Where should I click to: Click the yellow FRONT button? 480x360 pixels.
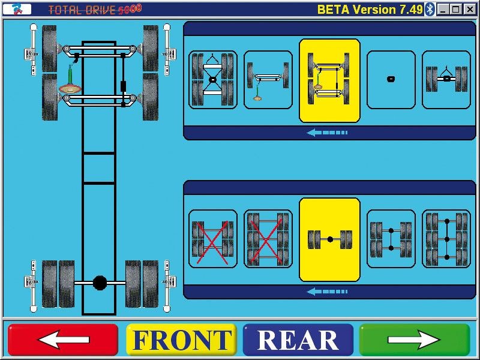181,340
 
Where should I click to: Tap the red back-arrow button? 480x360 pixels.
63,340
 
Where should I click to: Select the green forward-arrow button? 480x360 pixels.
414,340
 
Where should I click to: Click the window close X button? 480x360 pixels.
470,10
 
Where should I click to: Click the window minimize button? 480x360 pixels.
443,10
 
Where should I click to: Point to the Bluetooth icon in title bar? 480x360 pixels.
430,10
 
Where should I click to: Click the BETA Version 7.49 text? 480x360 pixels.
370,10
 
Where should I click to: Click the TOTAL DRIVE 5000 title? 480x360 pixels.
95,10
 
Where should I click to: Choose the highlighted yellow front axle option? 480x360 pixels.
329,80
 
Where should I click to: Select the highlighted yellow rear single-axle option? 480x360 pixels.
329,239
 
